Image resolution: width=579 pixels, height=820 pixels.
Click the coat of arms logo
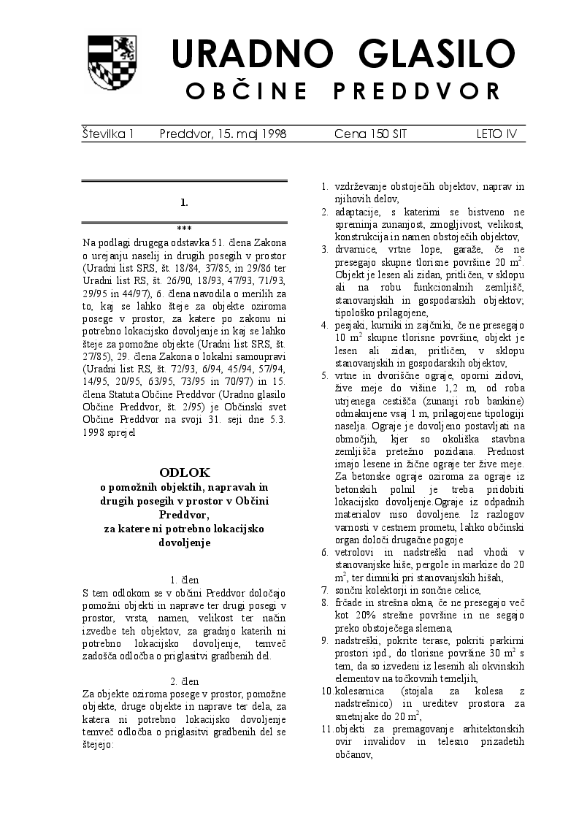[111, 64]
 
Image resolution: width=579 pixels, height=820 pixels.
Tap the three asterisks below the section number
[184, 229]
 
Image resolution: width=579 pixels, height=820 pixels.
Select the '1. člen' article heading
[184, 579]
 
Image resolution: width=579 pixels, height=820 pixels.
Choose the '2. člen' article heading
[184, 681]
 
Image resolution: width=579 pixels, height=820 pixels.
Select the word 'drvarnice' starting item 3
[356, 249]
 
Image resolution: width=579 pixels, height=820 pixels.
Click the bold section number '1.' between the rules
[184, 202]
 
